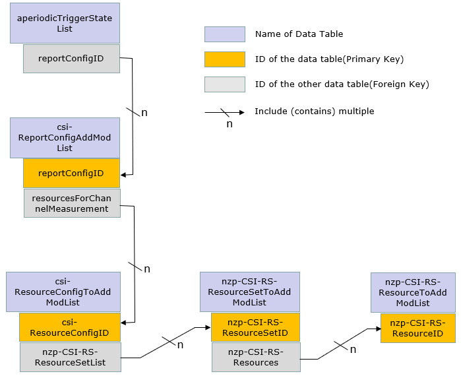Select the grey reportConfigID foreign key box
click(x=71, y=59)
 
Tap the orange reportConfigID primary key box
click(x=71, y=173)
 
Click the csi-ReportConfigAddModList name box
click(x=65, y=137)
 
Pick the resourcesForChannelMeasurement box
click(x=71, y=203)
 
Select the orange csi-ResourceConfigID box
click(x=69, y=327)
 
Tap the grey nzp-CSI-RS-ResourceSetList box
click(x=71, y=357)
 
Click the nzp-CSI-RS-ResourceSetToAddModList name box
click(x=249, y=292)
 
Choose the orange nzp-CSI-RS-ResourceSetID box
click(x=255, y=327)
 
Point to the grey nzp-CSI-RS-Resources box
click(x=256, y=357)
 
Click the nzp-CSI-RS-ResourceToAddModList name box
click(x=413, y=292)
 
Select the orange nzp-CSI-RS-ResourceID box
click(x=417, y=327)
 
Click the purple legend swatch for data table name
click(x=225, y=34)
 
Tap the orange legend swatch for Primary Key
click(x=225, y=59)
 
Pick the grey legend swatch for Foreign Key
click(x=225, y=84)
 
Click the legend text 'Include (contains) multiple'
click(x=314, y=111)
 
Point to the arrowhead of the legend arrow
click(x=241, y=112)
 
